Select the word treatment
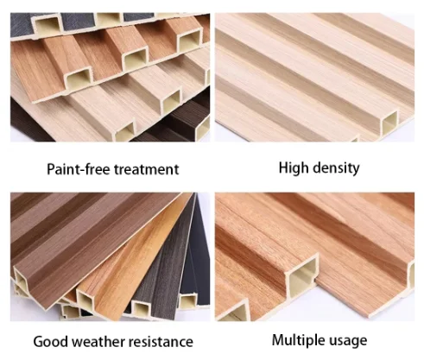point(147,169)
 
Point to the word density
point(336,167)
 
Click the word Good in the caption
point(51,342)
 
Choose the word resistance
point(161,342)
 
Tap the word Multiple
point(299,340)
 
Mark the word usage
point(348,341)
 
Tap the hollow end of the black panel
point(188,300)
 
